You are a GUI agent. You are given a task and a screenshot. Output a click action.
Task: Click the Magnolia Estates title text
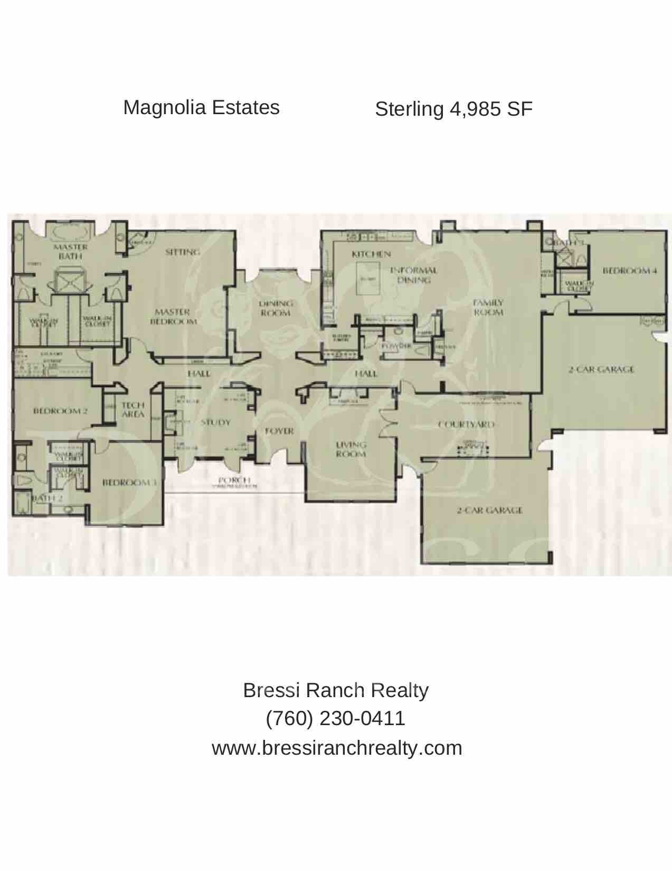(x=201, y=107)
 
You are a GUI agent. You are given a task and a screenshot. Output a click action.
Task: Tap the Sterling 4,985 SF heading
(x=453, y=109)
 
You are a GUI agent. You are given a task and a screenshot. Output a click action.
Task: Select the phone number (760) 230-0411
(x=336, y=718)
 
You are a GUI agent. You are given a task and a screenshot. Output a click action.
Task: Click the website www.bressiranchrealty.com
(x=337, y=748)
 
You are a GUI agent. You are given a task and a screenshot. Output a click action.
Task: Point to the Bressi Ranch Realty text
(x=336, y=690)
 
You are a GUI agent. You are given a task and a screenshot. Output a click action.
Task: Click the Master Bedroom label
(x=174, y=317)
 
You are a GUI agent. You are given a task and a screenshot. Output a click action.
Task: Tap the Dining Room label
(x=276, y=308)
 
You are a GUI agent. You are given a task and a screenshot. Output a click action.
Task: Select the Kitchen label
(x=371, y=254)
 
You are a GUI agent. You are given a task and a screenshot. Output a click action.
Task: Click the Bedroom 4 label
(x=629, y=271)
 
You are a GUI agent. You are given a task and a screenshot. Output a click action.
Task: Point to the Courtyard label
(x=466, y=424)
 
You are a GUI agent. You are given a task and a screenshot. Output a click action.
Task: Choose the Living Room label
(x=351, y=449)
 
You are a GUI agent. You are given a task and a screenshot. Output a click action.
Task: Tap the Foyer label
(x=279, y=431)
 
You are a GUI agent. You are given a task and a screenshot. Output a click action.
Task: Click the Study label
(x=215, y=422)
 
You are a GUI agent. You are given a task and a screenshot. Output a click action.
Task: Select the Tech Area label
(x=133, y=410)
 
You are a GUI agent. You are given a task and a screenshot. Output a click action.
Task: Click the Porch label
(x=230, y=479)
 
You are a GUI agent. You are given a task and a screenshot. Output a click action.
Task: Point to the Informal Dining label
(x=413, y=275)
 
